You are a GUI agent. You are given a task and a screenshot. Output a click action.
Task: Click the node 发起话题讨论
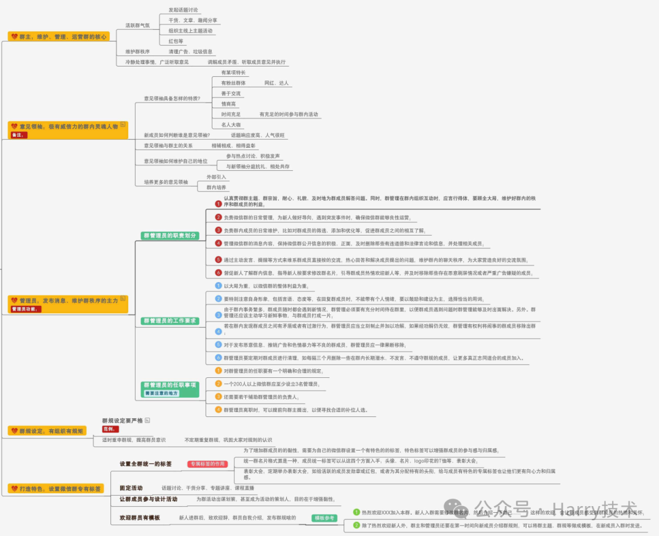183,10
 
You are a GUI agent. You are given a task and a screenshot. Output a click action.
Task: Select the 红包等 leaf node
176,41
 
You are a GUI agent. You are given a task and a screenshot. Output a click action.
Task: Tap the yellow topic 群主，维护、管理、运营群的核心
59,37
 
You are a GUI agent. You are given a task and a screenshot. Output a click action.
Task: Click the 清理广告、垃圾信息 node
190,52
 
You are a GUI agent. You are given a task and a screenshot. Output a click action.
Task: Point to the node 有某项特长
234,73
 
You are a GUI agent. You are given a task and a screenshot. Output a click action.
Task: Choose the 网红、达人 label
276,83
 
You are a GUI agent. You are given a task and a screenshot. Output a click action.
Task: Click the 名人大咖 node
231,125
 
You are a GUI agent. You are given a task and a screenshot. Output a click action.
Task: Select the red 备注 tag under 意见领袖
18,135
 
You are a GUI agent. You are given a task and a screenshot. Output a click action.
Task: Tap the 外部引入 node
216,177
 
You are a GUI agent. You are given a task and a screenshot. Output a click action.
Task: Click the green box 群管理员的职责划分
170,236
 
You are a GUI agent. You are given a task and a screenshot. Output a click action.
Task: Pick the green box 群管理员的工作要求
170,321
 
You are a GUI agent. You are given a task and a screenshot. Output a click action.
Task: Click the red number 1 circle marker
218,204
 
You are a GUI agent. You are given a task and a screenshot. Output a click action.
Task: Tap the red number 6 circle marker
218,273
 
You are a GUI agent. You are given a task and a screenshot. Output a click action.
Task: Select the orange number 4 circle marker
218,410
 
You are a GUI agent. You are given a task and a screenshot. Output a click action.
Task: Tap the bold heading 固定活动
131,488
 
